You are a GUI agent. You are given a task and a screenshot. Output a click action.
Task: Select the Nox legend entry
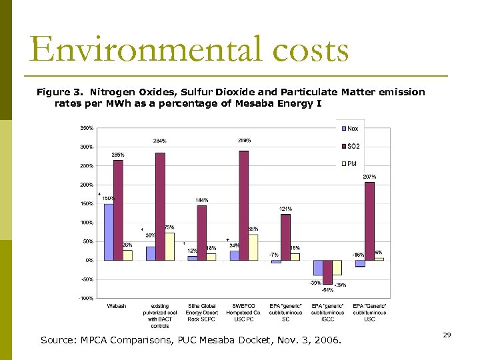pyautogui.click(x=353, y=128)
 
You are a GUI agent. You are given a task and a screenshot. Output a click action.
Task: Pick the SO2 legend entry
pyautogui.click(x=353, y=145)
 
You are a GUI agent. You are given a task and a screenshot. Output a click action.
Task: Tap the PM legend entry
pyautogui.click(x=351, y=163)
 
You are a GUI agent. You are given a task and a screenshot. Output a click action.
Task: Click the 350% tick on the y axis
pyautogui.click(x=87, y=127)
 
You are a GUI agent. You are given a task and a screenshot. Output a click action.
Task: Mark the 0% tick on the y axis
pyautogui.click(x=89, y=260)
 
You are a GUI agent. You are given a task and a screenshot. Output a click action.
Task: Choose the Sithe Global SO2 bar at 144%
pyautogui.click(x=201, y=233)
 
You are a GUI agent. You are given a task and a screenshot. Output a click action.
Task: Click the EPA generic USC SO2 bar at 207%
pyautogui.click(x=369, y=221)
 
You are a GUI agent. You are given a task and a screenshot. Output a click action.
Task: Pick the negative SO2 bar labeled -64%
pyautogui.click(x=327, y=272)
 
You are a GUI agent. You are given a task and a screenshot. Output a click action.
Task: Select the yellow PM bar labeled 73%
pyautogui.click(x=170, y=246)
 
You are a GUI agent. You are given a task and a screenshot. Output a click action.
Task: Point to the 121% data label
pyautogui.click(x=285, y=209)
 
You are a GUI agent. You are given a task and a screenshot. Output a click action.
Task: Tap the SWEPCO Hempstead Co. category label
pyautogui.click(x=243, y=312)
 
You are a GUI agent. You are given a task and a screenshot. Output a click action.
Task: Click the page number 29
pyautogui.click(x=447, y=335)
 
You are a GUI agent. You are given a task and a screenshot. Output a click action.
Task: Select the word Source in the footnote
pyautogui.click(x=58, y=341)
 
